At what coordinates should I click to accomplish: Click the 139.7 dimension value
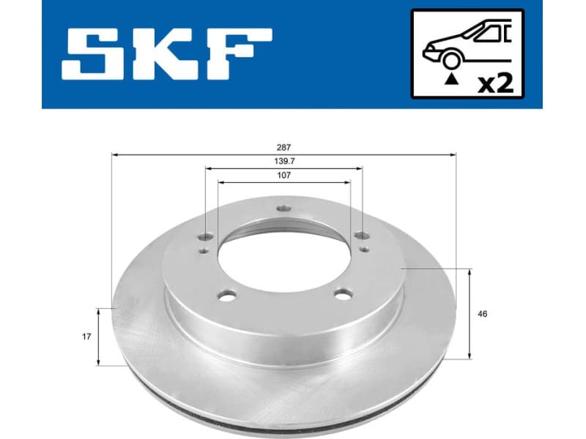(x=284, y=161)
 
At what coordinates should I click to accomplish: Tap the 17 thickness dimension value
(x=86, y=337)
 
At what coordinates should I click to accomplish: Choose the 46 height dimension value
(x=481, y=314)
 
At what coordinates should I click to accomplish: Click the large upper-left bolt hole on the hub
(x=207, y=236)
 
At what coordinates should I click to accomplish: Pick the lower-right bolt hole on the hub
(x=341, y=295)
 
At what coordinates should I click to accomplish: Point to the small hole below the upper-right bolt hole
(x=364, y=250)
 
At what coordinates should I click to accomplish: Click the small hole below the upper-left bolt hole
(x=203, y=250)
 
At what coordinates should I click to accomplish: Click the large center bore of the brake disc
(x=284, y=256)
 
